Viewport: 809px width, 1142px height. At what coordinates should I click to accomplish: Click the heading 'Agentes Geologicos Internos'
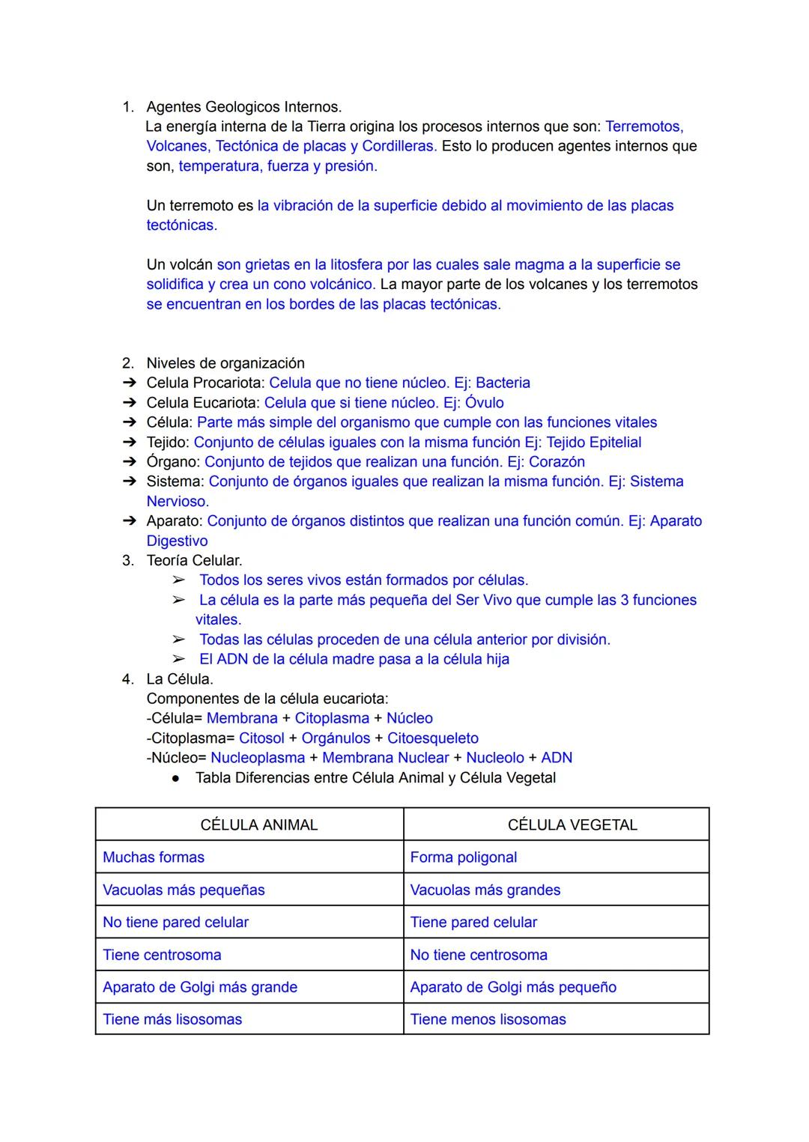(x=243, y=106)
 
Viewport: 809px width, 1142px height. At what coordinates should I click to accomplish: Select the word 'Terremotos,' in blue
(x=643, y=126)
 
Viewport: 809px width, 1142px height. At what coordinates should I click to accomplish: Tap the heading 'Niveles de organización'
(x=225, y=363)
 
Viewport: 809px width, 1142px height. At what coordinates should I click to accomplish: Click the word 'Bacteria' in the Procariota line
(x=503, y=383)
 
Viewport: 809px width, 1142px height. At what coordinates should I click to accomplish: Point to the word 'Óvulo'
(x=484, y=403)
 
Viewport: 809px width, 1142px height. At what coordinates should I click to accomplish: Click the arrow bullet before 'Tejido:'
(x=130, y=443)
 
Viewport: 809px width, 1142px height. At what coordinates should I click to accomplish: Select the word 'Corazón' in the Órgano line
(x=557, y=462)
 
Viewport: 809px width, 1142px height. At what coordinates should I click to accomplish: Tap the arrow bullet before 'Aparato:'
(x=130, y=521)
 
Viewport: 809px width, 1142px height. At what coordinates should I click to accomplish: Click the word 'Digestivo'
(x=177, y=541)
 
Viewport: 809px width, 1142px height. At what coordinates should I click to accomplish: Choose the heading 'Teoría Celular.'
(x=194, y=560)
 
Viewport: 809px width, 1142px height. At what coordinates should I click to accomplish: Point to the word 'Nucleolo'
(x=494, y=758)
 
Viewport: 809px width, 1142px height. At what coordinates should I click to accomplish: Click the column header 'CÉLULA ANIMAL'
(x=258, y=824)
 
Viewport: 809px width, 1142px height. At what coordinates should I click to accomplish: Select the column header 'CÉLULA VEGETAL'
(x=572, y=824)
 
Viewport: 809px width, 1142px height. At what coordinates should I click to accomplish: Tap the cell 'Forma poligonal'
(x=463, y=857)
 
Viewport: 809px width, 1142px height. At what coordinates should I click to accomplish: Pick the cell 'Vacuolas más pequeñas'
(x=184, y=890)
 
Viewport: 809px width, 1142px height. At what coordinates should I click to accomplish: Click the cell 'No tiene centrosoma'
(x=478, y=955)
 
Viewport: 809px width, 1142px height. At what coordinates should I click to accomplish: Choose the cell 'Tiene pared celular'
(x=473, y=923)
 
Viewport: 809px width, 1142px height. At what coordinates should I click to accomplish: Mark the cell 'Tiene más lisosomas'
(x=172, y=1019)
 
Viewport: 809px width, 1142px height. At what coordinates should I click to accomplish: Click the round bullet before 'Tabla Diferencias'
(x=175, y=779)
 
